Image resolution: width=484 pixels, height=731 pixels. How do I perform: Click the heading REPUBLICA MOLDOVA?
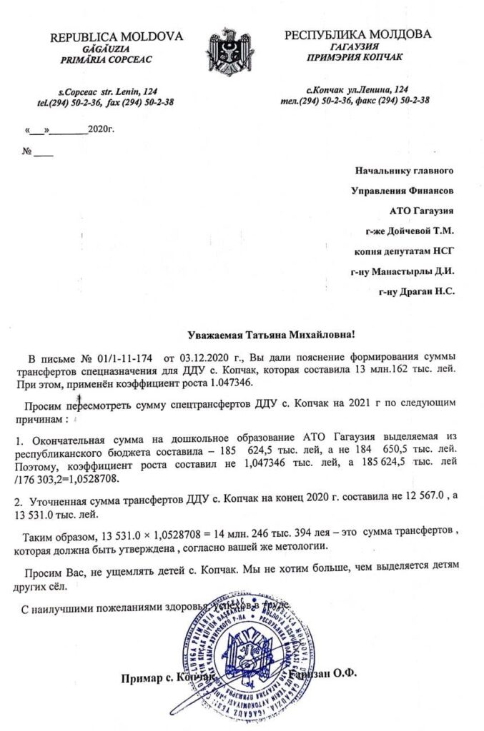pyautogui.click(x=117, y=37)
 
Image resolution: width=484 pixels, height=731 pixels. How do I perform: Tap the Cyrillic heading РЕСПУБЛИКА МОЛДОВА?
pyautogui.click(x=357, y=35)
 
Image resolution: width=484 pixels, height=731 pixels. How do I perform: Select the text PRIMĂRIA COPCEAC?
pyautogui.click(x=117, y=61)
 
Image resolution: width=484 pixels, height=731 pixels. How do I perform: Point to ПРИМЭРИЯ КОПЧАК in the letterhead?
pyautogui.click(x=357, y=59)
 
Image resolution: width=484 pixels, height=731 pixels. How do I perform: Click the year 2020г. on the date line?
pyautogui.click(x=101, y=131)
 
